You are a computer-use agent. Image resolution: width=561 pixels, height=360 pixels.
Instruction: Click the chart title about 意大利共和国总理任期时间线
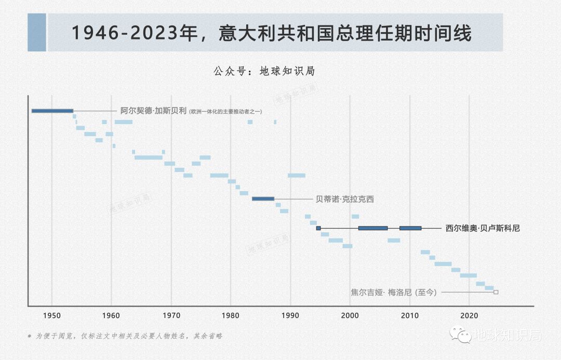[x=271, y=33]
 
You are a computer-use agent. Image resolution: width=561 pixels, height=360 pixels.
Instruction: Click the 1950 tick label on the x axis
[x=51, y=315]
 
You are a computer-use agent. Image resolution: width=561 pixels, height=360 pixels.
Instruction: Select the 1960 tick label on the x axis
[x=111, y=315]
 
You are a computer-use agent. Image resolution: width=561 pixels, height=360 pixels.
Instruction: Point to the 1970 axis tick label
[x=171, y=315]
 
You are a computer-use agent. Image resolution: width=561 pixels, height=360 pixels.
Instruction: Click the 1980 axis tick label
[x=231, y=315]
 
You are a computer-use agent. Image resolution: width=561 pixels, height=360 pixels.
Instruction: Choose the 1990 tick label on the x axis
[x=290, y=315]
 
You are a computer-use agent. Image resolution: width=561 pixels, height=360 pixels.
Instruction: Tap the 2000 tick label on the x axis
[x=350, y=315]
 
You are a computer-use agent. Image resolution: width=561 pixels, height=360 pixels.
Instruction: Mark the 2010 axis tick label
[x=410, y=315]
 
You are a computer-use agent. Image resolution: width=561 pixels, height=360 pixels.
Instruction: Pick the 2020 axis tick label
[x=470, y=315]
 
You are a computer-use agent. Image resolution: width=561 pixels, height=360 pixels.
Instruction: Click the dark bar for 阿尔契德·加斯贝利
[x=52, y=111]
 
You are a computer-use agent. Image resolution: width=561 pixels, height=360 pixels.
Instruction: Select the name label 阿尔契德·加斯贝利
[x=153, y=111]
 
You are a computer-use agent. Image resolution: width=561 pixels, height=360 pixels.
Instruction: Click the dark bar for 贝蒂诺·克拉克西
[x=263, y=198]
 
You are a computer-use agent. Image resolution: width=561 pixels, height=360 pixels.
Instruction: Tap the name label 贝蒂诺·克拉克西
[x=344, y=199]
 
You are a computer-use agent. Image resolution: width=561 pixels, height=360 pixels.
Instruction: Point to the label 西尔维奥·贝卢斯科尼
[x=482, y=228]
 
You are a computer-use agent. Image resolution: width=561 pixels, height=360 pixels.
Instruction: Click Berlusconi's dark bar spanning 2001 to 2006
[x=373, y=228]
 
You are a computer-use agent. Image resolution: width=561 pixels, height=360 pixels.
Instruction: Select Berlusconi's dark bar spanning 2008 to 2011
[x=410, y=228]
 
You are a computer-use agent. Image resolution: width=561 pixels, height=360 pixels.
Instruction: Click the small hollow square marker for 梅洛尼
[x=496, y=292]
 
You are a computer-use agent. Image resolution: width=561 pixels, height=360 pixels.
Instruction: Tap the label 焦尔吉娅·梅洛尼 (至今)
[x=394, y=292]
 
